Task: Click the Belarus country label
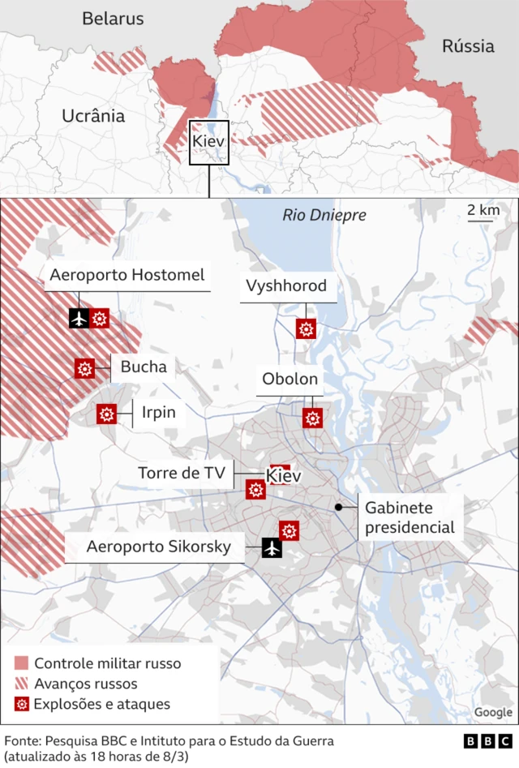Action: [x=113, y=19]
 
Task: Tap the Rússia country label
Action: [x=468, y=46]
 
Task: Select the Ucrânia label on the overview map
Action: [x=93, y=116]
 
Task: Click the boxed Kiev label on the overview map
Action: [x=209, y=143]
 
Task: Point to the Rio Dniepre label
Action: [x=324, y=215]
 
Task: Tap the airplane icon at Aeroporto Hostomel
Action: [x=79, y=318]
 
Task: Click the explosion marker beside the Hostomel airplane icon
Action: [x=100, y=318]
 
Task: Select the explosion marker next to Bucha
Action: [x=84, y=368]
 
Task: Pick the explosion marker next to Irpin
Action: [x=106, y=414]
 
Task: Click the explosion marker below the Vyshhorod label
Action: [x=307, y=328]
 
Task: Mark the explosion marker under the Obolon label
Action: [x=313, y=418]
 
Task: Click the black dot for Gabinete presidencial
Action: [x=337, y=507]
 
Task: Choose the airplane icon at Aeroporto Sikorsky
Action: [x=272, y=548]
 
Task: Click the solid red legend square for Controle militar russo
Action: [x=22, y=663]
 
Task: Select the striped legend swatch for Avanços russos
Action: [x=22, y=684]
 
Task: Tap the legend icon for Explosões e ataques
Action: [x=22, y=704]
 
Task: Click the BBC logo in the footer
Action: [x=487, y=741]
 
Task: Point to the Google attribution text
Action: [x=493, y=712]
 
